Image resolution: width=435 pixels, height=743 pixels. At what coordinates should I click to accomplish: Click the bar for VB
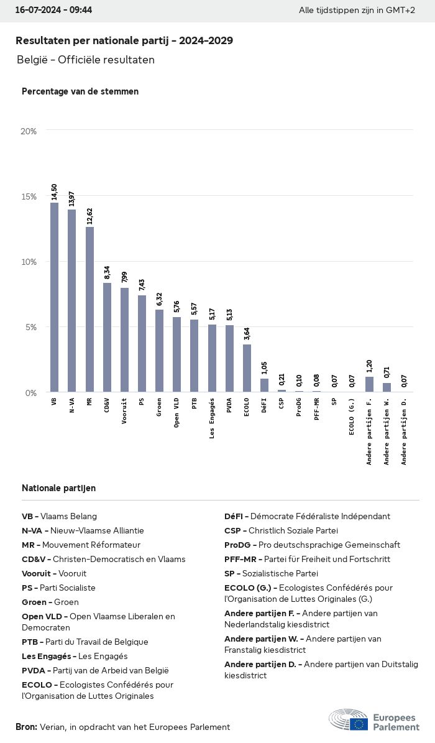tap(55, 297)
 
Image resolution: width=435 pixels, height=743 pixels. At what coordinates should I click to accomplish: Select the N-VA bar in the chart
tap(72, 301)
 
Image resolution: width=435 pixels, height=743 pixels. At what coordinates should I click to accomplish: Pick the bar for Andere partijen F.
tap(369, 384)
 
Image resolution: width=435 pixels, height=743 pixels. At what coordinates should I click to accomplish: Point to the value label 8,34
tap(107, 272)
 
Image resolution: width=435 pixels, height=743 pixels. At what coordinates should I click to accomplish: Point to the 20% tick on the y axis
tap(29, 131)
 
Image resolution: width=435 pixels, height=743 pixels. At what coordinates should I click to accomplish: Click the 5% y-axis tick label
tap(31, 327)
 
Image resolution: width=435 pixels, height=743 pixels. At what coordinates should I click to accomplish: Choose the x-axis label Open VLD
tap(177, 413)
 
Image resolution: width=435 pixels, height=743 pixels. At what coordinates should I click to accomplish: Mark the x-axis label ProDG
tap(299, 408)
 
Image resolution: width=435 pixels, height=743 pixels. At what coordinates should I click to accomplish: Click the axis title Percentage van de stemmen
tap(80, 91)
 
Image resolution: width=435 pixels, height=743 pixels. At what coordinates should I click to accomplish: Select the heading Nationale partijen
tap(58, 488)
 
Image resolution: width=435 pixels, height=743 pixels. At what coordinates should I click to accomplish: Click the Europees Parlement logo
tap(373, 720)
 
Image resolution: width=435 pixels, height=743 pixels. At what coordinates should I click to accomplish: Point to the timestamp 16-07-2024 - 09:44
tap(53, 11)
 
